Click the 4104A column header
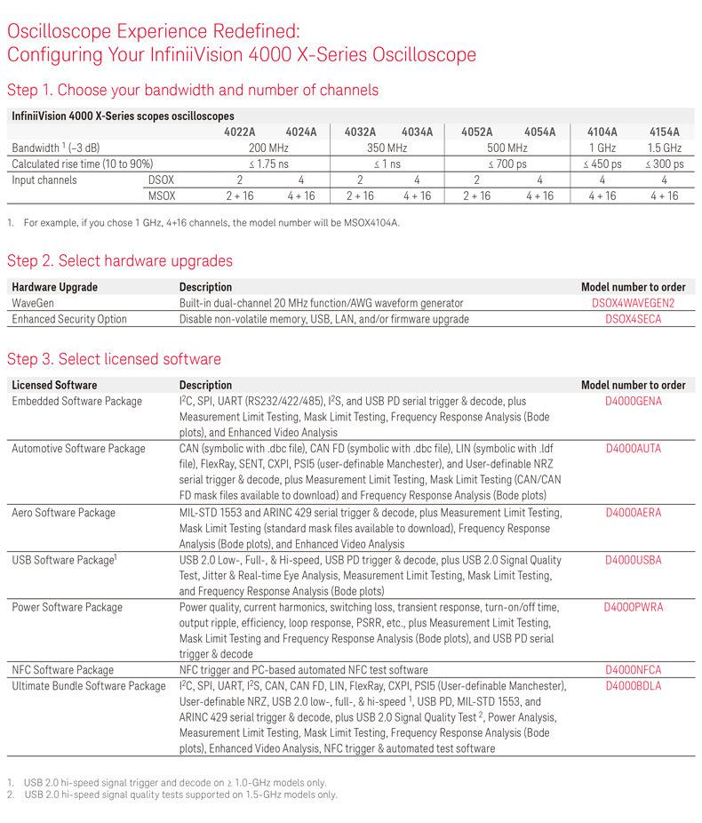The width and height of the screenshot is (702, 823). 602,132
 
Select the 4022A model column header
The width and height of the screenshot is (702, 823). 243,132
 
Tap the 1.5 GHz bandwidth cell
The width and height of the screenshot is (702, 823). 665,148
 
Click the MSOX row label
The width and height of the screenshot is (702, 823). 161,196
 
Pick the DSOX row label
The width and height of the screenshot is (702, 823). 161,180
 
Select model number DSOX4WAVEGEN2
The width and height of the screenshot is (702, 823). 634,303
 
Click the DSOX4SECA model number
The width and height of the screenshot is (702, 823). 634,319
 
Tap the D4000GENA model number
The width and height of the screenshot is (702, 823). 634,402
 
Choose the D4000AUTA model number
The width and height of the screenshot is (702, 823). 634,449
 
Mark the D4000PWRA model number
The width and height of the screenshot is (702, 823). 634,608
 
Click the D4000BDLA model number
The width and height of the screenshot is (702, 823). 634,686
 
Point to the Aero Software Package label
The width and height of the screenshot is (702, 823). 63,513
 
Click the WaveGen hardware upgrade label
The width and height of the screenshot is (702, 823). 33,303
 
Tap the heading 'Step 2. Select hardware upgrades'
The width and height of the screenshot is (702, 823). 120,261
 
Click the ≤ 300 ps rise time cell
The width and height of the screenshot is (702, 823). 665,164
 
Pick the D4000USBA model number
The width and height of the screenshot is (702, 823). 634,560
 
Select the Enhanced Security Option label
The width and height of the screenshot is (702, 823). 69,319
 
